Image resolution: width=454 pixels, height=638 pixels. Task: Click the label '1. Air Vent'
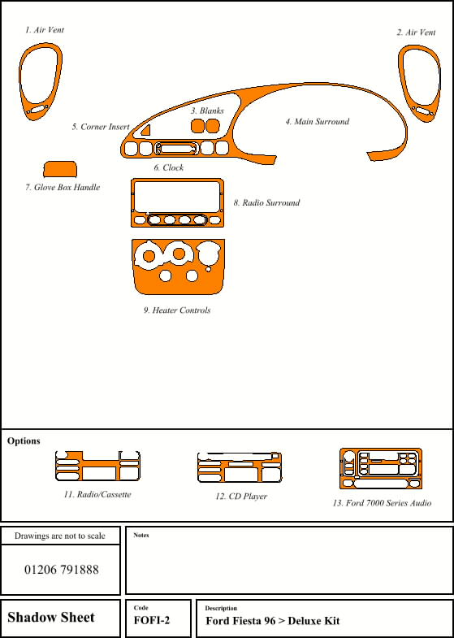44,30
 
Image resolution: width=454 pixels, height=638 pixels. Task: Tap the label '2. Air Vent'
416,33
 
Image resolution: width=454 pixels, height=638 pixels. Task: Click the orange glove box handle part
60,169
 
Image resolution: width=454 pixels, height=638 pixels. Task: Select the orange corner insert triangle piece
145,130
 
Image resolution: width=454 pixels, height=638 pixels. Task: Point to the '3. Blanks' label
207,111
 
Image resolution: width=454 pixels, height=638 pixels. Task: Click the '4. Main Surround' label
317,122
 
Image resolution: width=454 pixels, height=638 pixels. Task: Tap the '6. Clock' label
168,168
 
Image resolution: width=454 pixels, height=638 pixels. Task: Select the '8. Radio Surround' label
266,203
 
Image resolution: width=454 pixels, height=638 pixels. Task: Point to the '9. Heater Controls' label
177,310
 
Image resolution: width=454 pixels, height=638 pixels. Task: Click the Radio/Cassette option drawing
97,467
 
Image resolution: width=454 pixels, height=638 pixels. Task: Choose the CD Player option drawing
239,468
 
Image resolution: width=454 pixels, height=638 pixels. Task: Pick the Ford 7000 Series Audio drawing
380,468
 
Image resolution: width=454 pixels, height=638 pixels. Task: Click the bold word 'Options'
24,441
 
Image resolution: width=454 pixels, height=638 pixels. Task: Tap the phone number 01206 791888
61,570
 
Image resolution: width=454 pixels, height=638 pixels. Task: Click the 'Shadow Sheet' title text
51,618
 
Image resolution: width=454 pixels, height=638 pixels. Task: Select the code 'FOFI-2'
152,622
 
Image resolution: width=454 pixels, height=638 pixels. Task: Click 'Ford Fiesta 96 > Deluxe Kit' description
272,622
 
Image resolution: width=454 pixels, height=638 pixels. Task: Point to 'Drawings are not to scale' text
60,536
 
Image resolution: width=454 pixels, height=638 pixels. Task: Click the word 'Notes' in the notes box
141,536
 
